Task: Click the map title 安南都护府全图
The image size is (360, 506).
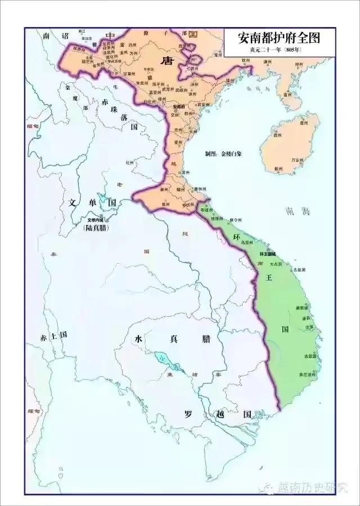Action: [280, 38]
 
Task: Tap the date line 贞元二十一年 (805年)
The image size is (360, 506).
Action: [280, 50]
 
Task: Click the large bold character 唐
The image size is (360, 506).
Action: [166, 60]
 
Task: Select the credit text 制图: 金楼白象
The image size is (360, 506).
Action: [223, 153]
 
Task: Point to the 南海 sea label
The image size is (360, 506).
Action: [298, 212]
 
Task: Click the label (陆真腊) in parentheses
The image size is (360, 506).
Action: [95, 228]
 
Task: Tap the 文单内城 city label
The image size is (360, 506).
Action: [95, 220]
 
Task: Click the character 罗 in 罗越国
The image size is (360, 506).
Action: [190, 414]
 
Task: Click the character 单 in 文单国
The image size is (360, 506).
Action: [92, 202]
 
